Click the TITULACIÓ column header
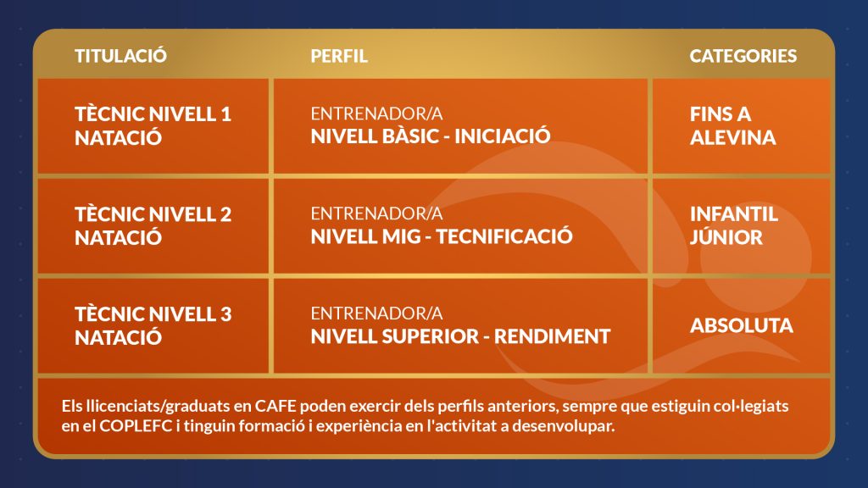click(x=120, y=55)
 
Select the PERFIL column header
click(x=339, y=56)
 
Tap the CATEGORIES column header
click(x=743, y=56)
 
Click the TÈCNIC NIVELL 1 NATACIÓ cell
click(x=153, y=125)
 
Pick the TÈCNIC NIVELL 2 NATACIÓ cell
click(x=153, y=225)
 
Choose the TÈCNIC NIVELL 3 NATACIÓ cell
click(x=153, y=325)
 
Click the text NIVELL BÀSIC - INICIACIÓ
click(x=430, y=136)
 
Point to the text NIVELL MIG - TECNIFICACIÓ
click(x=441, y=236)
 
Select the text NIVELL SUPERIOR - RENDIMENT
click(x=460, y=335)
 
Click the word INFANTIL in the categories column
click(x=733, y=214)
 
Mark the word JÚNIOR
click(x=726, y=237)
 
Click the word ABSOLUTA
click(x=741, y=325)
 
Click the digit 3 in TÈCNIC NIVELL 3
click(x=225, y=314)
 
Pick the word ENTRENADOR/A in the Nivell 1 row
click(x=376, y=114)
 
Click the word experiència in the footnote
click(x=375, y=427)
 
